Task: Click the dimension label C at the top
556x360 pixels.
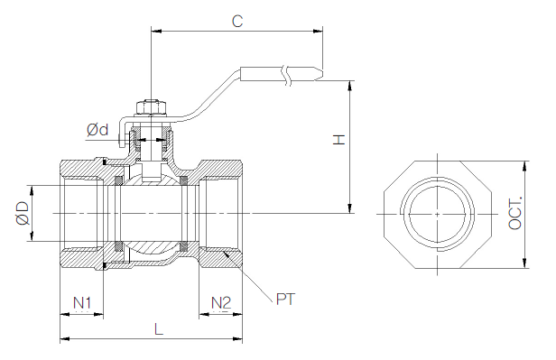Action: (237, 21)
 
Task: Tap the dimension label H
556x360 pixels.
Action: (338, 139)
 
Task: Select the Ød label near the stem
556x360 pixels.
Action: (97, 130)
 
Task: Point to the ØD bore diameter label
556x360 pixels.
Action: (22, 213)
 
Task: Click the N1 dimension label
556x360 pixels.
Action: (82, 303)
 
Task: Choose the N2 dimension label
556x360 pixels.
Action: (221, 303)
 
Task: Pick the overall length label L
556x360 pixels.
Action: (159, 329)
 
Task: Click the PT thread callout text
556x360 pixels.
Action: (285, 299)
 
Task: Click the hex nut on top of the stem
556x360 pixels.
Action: (151, 107)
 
